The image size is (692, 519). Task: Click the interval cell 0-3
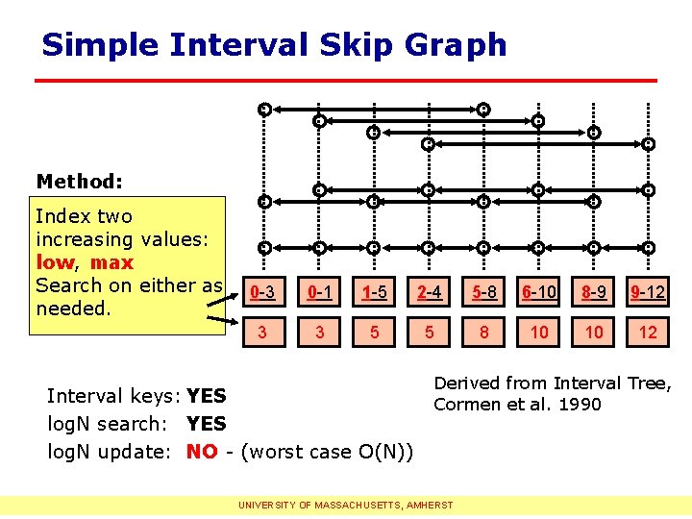263,292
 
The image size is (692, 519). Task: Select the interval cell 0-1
318,292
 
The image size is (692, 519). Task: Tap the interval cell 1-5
374,292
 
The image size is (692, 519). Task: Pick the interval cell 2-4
429,292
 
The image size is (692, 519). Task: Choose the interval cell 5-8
483,292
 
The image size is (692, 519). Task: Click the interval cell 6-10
539,292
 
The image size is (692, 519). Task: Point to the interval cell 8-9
594,292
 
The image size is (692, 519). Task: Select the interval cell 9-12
649,292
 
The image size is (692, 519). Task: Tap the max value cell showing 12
649,332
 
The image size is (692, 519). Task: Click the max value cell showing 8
483,332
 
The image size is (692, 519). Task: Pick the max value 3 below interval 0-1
318,332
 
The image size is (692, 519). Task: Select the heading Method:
79,181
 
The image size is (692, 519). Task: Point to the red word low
55,262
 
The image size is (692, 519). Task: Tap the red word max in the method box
111,262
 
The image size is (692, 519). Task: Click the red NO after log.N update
202,452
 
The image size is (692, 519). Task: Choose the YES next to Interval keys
207,396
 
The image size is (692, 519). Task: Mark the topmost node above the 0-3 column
264,110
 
